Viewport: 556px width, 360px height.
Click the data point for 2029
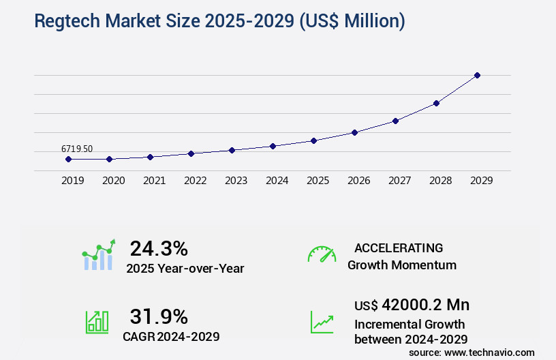point(477,75)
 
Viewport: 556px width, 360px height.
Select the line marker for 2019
point(68,159)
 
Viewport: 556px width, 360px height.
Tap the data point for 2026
point(354,132)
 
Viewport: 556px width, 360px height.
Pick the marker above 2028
point(436,103)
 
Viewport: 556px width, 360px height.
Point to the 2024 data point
point(273,146)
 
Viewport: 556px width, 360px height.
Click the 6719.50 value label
point(76,148)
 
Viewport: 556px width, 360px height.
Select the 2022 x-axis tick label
point(195,181)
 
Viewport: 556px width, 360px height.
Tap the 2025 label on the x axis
point(318,181)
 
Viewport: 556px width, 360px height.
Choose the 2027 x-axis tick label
point(399,181)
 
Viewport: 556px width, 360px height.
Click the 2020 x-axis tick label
point(113,181)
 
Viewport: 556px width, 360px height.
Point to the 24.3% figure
point(159,247)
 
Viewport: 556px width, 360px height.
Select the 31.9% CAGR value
point(159,316)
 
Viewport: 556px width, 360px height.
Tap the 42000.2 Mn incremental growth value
point(412,304)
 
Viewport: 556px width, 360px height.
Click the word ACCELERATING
point(399,247)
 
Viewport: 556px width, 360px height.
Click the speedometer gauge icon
point(322,254)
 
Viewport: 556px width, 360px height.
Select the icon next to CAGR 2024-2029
point(97,322)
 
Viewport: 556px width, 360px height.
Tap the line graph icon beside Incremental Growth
point(322,322)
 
